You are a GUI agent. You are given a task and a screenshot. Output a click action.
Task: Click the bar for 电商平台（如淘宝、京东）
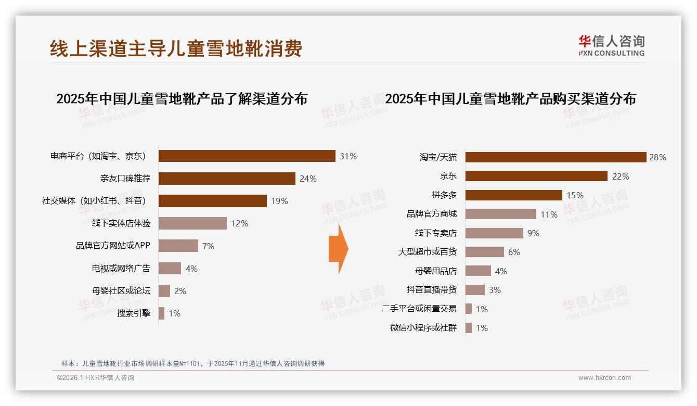(x=247, y=156)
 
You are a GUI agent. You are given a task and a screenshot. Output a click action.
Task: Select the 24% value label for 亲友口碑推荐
(x=308, y=179)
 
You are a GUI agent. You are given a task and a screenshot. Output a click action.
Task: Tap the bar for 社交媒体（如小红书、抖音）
(x=212, y=201)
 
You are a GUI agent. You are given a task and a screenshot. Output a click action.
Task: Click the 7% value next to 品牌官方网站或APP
(x=208, y=246)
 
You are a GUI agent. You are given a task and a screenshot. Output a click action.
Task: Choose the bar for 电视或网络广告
(x=170, y=269)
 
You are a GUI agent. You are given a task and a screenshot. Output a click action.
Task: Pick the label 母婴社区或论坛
(x=121, y=291)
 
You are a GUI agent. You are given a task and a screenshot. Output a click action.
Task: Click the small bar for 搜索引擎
(x=161, y=313)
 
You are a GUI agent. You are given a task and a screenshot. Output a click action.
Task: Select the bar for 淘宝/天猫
(x=556, y=157)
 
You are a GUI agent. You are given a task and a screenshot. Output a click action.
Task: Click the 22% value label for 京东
(x=621, y=176)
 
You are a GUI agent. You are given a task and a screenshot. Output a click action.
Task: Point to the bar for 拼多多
(x=513, y=195)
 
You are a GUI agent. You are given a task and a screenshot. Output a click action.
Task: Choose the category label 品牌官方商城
(x=432, y=214)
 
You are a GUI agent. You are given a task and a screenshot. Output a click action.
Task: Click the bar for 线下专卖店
(x=494, y=233)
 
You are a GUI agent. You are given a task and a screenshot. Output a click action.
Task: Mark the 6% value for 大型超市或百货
(x=514, y=252)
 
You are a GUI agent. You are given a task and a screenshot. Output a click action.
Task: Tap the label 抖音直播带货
(x=432, y=290)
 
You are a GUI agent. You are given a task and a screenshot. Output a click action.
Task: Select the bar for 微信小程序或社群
(x=469, y=328)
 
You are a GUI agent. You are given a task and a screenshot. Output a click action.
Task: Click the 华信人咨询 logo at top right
(x=611, y=45)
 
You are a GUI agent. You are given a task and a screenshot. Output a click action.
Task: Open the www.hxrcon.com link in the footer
(x=604, y=378)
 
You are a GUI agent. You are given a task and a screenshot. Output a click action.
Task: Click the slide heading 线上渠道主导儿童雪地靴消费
(x=176, y=49)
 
